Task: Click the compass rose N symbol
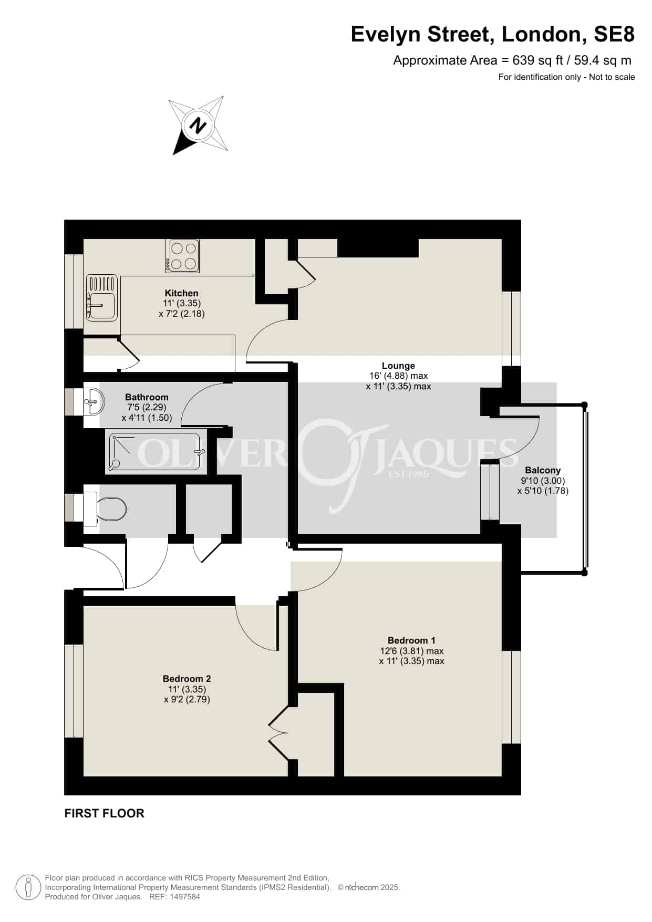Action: coord(198,126)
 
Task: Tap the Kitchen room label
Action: coord(182,293)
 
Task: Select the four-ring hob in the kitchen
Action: coord(182,256)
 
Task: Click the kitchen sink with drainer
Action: coord(102,298)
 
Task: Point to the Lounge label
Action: coord(398,366)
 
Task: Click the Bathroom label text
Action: coord(147,397)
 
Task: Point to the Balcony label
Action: coord(543,470)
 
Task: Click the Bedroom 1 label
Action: coord(411,640)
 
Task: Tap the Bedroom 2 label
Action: coord(187,679)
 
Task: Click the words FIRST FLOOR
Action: coord(104,813)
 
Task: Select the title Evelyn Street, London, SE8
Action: coord(493,34)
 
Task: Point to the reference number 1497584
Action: coord(184,897)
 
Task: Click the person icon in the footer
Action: coord(28,887)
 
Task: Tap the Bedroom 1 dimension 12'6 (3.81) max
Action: coord(412,651)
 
